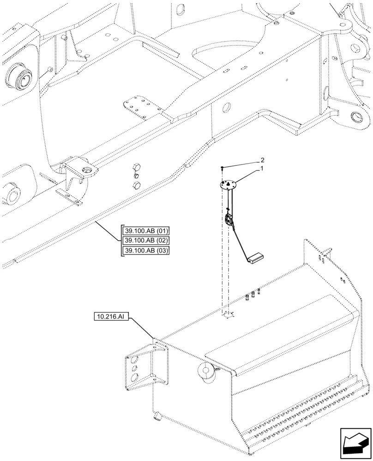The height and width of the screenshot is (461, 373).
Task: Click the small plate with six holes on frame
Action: pyautogui.click(x=137, y=106)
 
